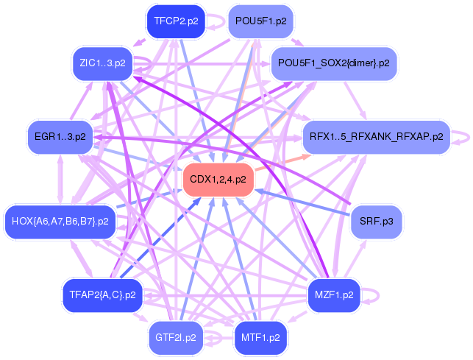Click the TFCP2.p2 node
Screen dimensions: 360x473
[x=176, y=21]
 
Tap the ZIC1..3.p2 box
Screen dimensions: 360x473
[x=102, y=63]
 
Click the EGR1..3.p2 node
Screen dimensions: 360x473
[x=60, y=136]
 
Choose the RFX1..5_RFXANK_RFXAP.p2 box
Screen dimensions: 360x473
[x=376, y=136]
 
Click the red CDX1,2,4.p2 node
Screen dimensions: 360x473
[x=218, y=179]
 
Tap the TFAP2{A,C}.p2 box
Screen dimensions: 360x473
[x=102, y=294]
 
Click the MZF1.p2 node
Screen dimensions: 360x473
[x=333, y=294]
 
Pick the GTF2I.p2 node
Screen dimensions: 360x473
[x=176, y=338]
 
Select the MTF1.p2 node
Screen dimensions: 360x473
[x=260, y=338]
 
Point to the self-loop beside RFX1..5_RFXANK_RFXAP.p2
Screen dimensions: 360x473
[x=463, y=136]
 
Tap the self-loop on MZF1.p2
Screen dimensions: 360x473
[x=375, y=294]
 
